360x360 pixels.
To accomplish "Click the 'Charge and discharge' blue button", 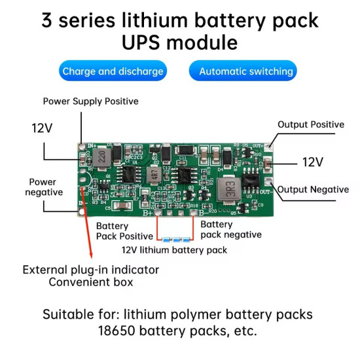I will [x=113, y=71].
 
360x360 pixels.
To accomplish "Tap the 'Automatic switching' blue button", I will [x=242, y=71].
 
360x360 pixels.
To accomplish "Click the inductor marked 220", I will [x=103, y=156].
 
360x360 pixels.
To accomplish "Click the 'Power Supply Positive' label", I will [x=90, y=101].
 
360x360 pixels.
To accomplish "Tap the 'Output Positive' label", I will [x=310, y=124].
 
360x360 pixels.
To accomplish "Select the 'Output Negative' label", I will [x=314, y=190].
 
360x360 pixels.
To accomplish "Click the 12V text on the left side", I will [x=42, y=128].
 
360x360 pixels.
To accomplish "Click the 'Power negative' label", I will [x=44, y=187].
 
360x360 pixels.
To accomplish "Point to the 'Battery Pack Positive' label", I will [x=121, y=230].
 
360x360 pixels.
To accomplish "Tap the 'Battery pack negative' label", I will [x=230, y=229].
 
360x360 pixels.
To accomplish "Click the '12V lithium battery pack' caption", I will [x=174, y=250].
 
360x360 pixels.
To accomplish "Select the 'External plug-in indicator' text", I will [x=90, y=270].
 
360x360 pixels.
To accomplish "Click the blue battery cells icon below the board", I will [x=174, y=240].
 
